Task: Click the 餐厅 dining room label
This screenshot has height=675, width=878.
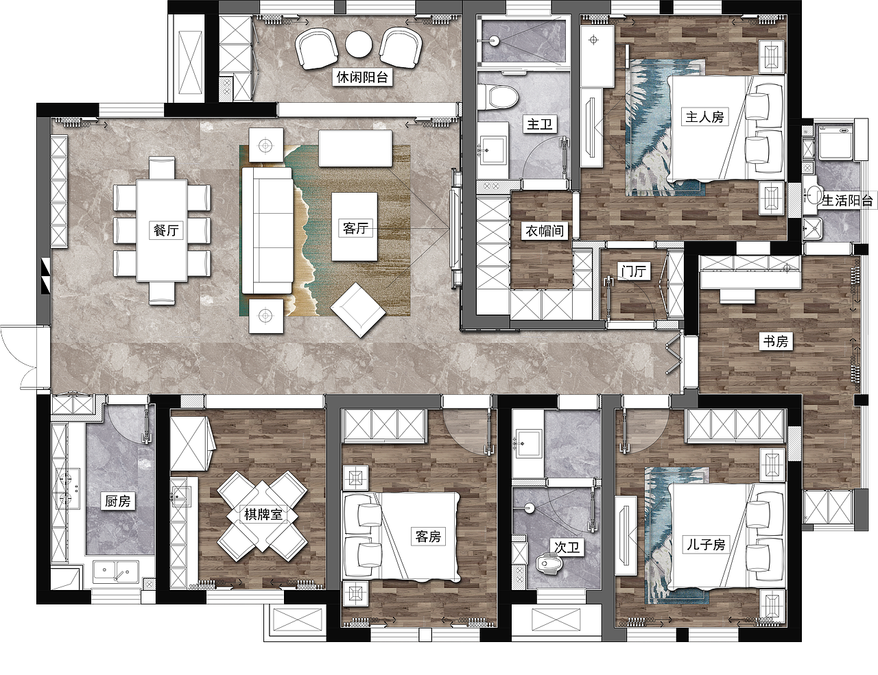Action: tap(166, 230)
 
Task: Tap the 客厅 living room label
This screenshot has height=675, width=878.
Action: tap(355, 228)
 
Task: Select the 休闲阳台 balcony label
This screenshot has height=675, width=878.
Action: tap(362, 77)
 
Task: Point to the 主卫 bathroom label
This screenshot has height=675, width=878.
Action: tap(539, 124)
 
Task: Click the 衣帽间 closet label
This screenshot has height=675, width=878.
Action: tap(544, 231)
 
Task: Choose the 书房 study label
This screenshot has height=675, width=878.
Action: tap(775, 341)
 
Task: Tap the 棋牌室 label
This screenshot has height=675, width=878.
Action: tap(263, 514)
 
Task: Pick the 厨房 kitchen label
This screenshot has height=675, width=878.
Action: tap(117, 501)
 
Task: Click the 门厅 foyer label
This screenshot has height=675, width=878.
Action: tap(634, 271)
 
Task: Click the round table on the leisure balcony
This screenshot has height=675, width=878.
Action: tap(358, 45)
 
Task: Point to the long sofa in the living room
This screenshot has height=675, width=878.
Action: tap(267, 230)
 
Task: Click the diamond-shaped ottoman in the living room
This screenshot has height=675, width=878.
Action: tap(357, 310)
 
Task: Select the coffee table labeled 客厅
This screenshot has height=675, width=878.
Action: tap(355, 227)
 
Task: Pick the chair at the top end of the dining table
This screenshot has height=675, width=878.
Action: tap(162, 168)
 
